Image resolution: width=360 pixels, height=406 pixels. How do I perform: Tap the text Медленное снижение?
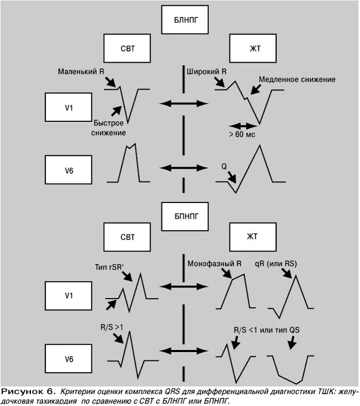(x=297, y=80)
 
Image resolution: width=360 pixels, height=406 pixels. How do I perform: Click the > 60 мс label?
(x=242, y=134)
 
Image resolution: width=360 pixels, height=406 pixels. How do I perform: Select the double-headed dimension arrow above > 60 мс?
(x=242, y=125)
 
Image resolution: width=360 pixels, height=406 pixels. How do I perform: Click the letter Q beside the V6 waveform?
(x=224, y=167)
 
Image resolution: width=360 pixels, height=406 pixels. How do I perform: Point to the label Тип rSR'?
(x=110, y=266)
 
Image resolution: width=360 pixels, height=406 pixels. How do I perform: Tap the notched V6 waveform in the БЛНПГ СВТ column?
(x=129, y=164)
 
